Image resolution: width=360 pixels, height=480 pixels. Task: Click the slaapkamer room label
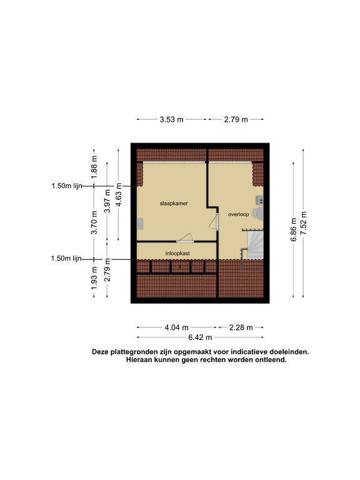[174, 203]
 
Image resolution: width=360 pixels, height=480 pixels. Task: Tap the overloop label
[239, 214]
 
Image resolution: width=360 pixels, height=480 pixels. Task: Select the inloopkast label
[177, 254]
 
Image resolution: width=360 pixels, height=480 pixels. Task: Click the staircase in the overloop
[255, 245]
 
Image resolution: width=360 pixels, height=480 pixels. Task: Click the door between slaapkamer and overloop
[214, 221]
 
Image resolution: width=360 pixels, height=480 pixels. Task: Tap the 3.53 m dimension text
[171, 119]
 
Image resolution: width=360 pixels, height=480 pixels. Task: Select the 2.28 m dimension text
[241, 327]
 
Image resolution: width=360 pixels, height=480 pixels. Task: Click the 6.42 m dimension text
[200, 337]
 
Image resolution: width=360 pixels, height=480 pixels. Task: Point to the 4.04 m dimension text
[177, 327]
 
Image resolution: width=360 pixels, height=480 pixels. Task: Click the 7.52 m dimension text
[304, 223]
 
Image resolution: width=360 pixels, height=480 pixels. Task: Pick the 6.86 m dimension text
[294, 229]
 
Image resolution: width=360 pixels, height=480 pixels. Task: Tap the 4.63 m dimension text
[119, 194]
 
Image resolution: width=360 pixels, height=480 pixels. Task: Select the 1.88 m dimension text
[94, 167]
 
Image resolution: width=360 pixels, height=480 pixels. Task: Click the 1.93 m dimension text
[94, 278]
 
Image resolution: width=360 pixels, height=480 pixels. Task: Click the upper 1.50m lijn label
[67, 186]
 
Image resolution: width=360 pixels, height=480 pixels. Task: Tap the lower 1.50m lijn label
[66, 258]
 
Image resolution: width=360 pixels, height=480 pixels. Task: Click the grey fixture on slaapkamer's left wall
[140, 224]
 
